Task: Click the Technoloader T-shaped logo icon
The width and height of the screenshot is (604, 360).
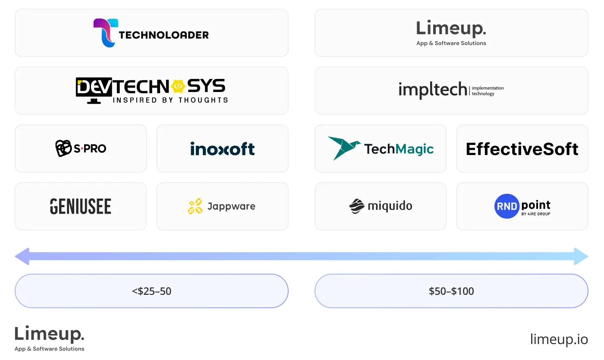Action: click(104, 32)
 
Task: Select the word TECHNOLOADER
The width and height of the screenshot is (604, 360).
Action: click(164, 35)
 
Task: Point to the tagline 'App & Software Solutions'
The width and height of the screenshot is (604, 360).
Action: click(451, 43)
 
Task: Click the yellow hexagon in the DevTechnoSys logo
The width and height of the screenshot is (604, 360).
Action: click(178, 87)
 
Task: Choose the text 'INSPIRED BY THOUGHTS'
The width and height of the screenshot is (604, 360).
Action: click(170, 100)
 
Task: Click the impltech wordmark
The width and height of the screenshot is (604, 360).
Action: click(432, 89)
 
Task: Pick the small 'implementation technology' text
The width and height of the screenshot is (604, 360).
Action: click(488, 91)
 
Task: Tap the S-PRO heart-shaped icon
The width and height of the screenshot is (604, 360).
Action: click(63, 148)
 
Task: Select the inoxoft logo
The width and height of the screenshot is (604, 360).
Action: click(222, 149)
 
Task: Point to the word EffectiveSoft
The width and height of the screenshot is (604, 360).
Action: click(522, 149)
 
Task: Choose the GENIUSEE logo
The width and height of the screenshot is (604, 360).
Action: click(81, 206)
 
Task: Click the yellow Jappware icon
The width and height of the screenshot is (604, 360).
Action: click(195, 206)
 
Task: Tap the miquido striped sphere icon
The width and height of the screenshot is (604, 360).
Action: click(357, 206)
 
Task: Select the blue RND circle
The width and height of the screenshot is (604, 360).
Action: click(506, 206)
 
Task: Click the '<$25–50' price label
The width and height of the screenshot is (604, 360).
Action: click(151, 291)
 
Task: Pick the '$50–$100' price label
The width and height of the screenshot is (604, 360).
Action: click(451, 291)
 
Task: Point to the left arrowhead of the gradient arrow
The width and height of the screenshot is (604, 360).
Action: click(22, 256)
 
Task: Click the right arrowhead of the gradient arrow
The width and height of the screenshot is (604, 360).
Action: click(582, 256)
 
